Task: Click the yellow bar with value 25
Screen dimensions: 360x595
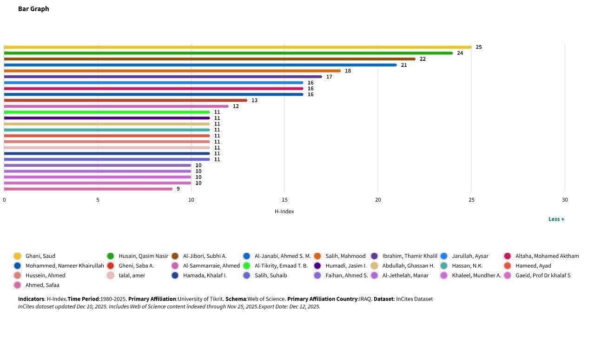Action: [x=237, y=47]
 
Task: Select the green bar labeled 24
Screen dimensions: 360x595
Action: [x=228, y=53]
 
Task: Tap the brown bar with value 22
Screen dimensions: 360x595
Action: [x=209, y=59]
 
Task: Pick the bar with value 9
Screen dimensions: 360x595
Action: [x=88, y=189]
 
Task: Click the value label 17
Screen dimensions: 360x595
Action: [x=329, y=77]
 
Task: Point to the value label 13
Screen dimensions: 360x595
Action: [x=254, y=100]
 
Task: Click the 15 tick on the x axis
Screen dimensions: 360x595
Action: [x=284, y=200]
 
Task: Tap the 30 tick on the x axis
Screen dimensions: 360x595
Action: [x=565, y=200]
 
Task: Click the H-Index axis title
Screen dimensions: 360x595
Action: [x=284, y=211]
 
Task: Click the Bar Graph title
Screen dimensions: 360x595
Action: [x=33, y=9]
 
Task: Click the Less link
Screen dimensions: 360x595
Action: [x=556, y=219]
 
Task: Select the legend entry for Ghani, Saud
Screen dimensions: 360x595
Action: [x=40, y=256]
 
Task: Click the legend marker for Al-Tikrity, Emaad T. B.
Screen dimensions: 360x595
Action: [x=246, y=266]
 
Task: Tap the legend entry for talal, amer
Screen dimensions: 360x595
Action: [x=132, y=275]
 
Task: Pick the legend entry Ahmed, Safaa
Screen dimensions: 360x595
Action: [x=42, y=285]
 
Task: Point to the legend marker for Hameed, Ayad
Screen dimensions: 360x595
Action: [x=508, y=266]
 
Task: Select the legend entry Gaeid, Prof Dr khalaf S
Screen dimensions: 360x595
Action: [x=542, y=275]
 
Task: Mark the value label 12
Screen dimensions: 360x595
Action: [x=236, y=106]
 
